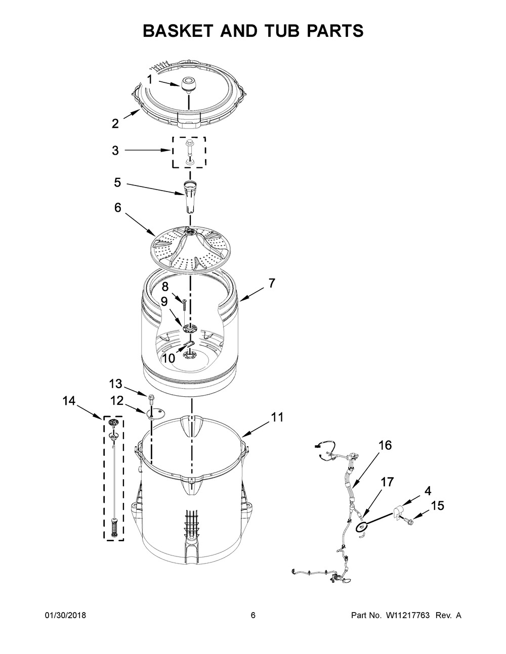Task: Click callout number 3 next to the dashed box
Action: pyautogui.click(x=115, y=150)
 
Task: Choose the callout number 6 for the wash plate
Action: pyautogui.click(x=117, y=207)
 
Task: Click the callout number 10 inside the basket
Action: pyautogui.click(x=168, y=358)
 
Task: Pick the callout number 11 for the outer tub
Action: pyautogui.click(x=277, y=417)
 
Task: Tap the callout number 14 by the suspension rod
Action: pyautogui.click(x=69, y=401)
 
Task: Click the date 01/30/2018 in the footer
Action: pyautogui.click(x=65, y=616)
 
